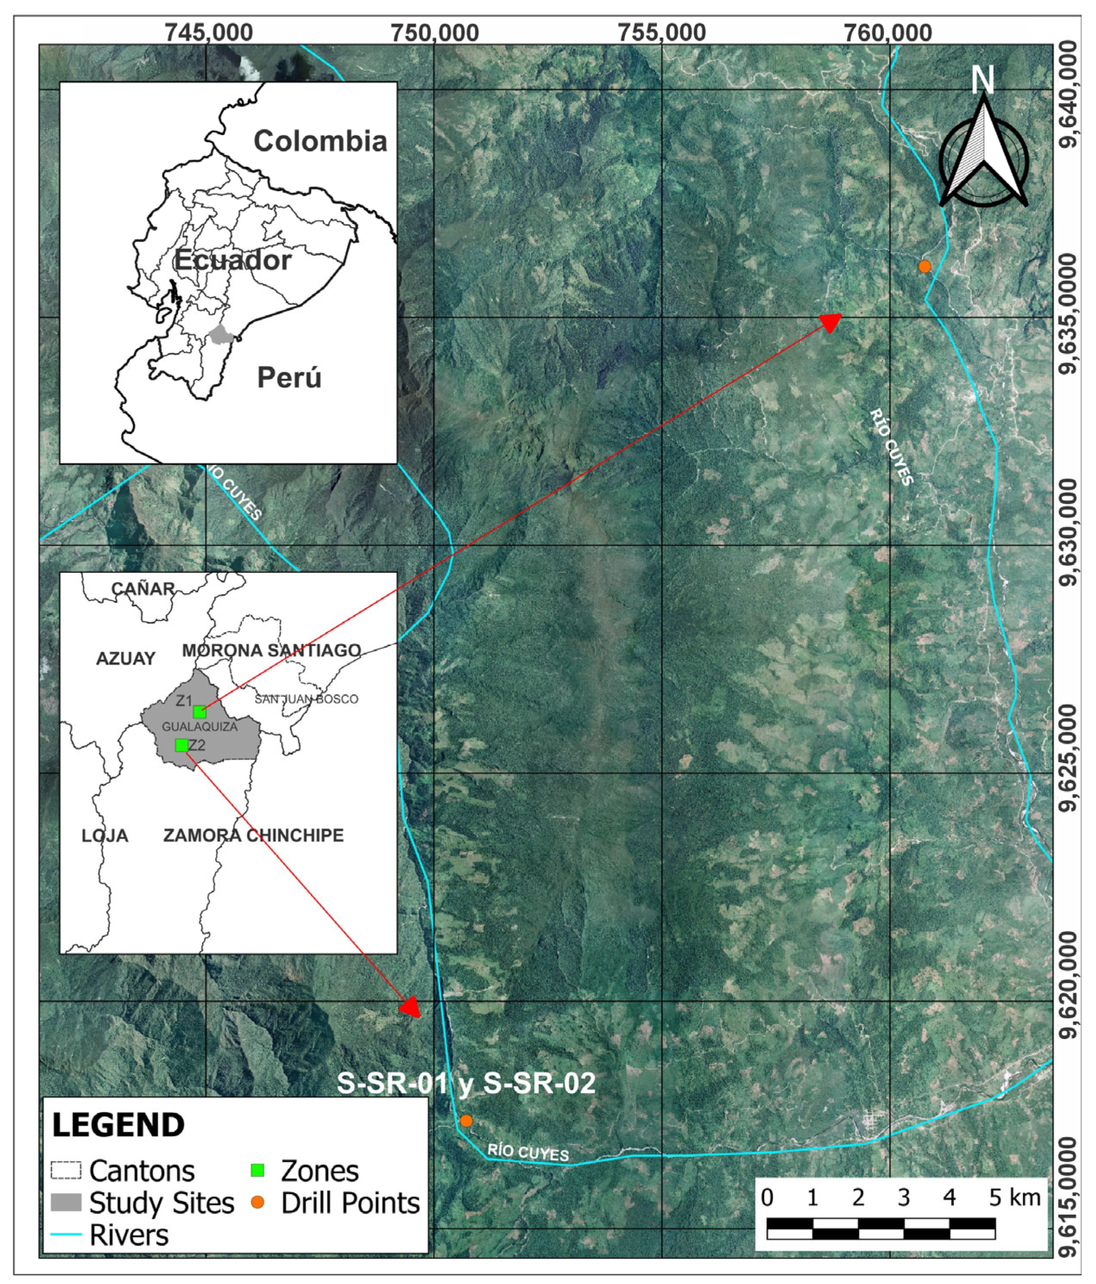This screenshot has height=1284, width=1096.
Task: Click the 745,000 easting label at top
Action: click(208, 32)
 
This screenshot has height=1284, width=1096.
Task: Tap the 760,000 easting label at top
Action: click(888, 32)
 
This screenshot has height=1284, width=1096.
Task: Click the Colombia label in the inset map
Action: click(320, 141)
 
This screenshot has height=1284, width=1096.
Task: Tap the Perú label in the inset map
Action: click(289, 377)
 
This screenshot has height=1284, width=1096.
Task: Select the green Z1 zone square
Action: click(199, 711)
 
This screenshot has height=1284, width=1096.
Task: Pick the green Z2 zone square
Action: click(181, 745)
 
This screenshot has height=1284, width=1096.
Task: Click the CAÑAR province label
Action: click(143, 588)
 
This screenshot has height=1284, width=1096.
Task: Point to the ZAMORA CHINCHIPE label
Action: click(253, 836)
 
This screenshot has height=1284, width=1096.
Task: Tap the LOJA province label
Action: click(105, 836)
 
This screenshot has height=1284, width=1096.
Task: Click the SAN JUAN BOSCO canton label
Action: click(306, 699)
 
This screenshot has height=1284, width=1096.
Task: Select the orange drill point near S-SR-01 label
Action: click(466, 1121)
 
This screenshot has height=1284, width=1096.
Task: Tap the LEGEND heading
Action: click(118, 1125)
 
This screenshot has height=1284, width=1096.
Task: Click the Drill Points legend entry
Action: click(350, 1203)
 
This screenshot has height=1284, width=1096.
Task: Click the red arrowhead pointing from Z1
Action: click(830, 322)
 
